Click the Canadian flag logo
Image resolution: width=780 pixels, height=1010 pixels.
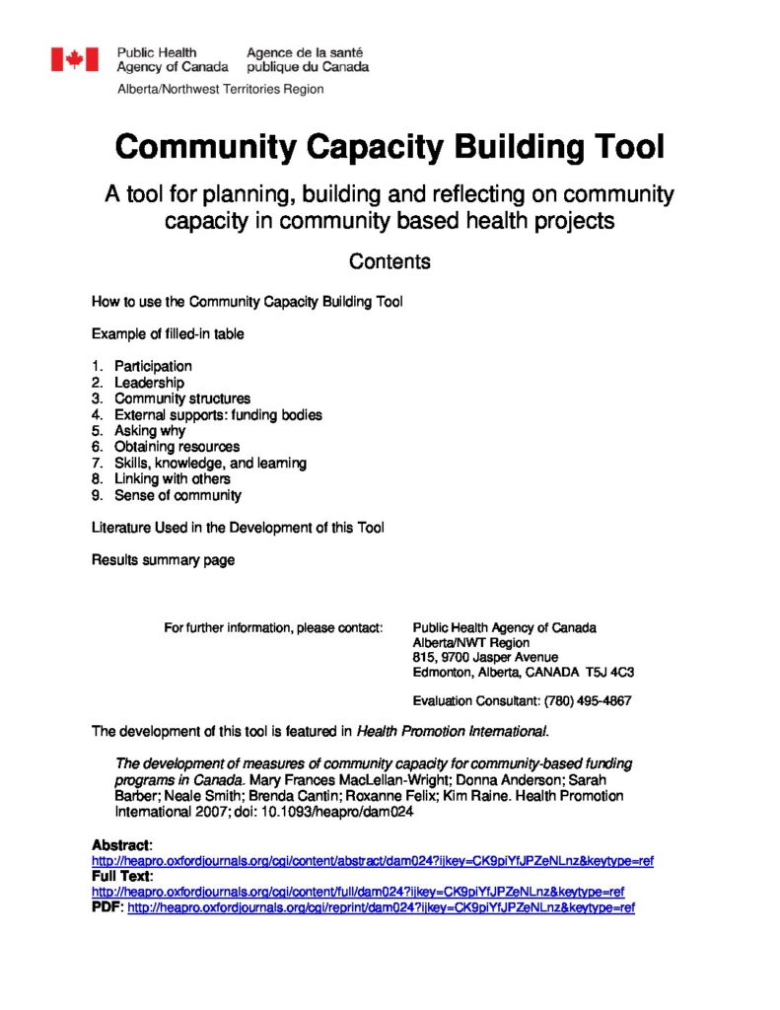coord(75,59)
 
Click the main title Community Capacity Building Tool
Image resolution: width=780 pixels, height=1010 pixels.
coord(390,147)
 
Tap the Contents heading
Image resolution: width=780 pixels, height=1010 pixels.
coord(390,261)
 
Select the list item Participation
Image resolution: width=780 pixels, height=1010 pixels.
coord(153,366)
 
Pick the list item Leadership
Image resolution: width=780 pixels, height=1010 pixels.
coord(149,383)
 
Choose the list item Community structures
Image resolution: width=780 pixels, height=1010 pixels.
coord(182,398)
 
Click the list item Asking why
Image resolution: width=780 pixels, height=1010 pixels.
coord(150,431)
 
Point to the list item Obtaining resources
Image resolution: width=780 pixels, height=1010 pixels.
coord(177,447)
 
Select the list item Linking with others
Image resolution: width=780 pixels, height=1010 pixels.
coord(173,479)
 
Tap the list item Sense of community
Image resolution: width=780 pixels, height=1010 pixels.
coord(177,495)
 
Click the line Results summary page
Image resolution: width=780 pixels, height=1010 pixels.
coord(164,560)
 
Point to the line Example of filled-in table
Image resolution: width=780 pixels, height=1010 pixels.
coord(168,333)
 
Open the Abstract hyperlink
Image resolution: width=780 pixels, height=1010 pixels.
coord(373,861)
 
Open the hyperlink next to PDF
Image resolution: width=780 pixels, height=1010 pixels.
coord(381,907)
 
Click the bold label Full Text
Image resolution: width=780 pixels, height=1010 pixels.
coord(121,876)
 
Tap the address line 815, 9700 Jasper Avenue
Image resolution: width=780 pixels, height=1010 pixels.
coord(485,657)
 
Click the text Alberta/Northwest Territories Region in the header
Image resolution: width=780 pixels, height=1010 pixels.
coord(220,89)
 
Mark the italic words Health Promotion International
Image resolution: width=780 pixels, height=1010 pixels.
coord(452,731)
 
